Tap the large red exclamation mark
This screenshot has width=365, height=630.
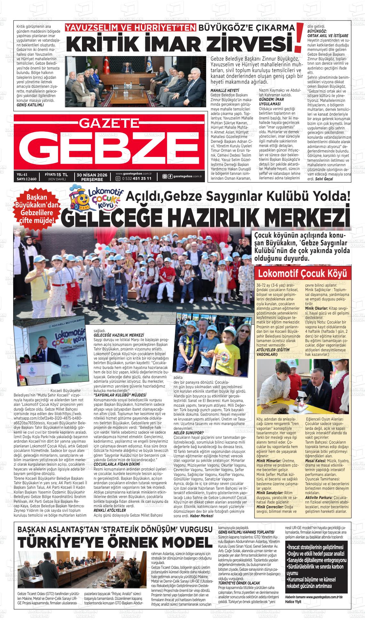click(299, 37)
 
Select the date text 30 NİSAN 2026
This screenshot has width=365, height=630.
click(92, 175)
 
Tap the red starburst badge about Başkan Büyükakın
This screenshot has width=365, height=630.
click(36, 209)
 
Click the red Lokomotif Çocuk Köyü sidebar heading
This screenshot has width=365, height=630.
click(302, 274)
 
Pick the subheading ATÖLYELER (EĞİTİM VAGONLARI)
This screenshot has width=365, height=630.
click(272, 352)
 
